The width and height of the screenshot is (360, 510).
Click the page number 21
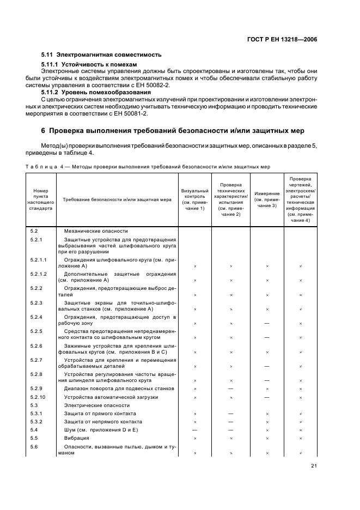click(314, 465)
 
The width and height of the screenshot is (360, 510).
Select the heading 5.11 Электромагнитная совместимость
click(101, 55)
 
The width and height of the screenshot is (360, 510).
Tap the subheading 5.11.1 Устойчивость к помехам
click(89, 64)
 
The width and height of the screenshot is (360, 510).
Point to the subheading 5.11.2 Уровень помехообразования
click(94, 93)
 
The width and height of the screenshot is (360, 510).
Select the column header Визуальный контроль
click(194, 199)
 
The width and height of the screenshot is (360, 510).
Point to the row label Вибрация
click(76, 438)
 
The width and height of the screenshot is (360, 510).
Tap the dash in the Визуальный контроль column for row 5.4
click(194, 430)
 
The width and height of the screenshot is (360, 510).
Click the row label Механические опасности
click(95, 231)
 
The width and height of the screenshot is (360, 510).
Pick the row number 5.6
click(34, 447)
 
